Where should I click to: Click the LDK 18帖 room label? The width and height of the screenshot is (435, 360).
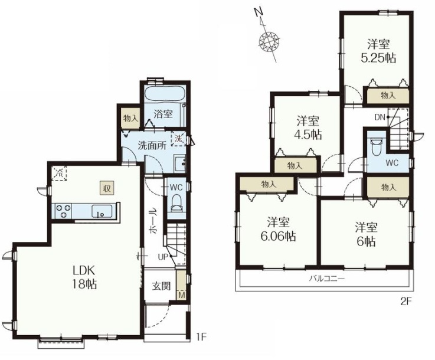point(84,277)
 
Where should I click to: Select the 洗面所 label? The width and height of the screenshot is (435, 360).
point(152,146)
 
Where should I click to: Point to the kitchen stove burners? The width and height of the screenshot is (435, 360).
point(63,211)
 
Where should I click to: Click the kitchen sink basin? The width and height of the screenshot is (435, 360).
point(102,211)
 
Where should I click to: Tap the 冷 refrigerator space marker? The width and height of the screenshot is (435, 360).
point(59,174)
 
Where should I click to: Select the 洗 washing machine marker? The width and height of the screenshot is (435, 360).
point(179,139)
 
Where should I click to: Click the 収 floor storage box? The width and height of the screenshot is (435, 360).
point(107,189)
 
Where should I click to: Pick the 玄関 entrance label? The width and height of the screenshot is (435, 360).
point(161,286)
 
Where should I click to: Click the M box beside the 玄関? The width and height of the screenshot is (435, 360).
point(181,295)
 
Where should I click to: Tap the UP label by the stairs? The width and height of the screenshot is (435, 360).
point(163,257)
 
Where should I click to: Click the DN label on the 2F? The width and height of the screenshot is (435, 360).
point(380,117)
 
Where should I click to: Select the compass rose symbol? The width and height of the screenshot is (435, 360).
point(268,41)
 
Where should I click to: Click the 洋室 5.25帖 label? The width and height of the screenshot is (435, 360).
point(378,51)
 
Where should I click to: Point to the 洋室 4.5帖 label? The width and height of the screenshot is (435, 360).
point(308,128)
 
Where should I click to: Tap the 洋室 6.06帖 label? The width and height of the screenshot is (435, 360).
point(278,229)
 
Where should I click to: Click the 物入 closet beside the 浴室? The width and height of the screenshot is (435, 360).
point(130,119)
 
